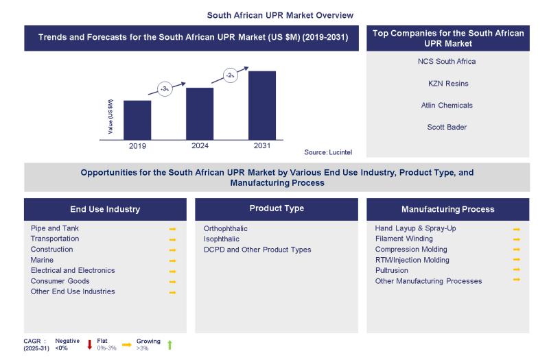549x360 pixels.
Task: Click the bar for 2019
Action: (x=137, y=119)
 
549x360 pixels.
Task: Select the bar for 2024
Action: (x=200, y=113)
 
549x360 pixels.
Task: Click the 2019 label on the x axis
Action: (x=137, y=146)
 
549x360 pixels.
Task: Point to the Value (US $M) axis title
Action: (x=111, y=116)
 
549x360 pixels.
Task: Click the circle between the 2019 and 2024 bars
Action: (x=165, y=89)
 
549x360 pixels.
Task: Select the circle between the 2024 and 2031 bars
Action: (x=229, y=75)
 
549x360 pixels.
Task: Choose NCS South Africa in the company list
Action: (x=447, y=62)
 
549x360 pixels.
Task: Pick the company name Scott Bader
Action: (x=447, y=127)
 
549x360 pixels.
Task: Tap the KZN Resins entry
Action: (x=447, y=84)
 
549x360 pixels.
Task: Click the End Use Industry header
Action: (x=105, y=209)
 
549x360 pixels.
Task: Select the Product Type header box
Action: (x=276, y=209)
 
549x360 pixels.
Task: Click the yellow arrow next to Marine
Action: (x=173, y=261)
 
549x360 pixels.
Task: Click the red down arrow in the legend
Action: (x=89, y=344)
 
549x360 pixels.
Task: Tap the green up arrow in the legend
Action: (x=170, y=344)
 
